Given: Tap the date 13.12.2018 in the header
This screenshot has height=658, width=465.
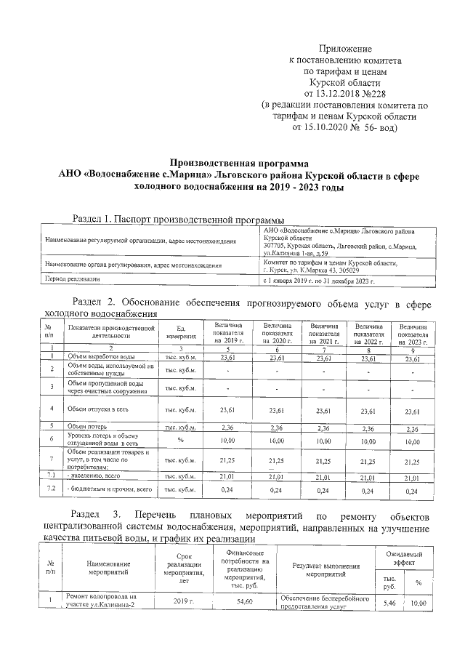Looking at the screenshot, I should pos(341,94).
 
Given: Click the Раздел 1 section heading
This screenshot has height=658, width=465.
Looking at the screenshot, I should pos(178,219).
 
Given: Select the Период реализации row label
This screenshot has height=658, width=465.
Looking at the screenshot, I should pos(71,279).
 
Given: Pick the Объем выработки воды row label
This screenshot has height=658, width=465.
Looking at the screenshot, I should pos(98,357).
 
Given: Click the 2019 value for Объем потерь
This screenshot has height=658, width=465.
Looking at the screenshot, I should pos(228,426).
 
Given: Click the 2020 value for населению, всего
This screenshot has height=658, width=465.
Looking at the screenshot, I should pos(276,477).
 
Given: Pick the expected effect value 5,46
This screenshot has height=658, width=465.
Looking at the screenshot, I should pos(389,603).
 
